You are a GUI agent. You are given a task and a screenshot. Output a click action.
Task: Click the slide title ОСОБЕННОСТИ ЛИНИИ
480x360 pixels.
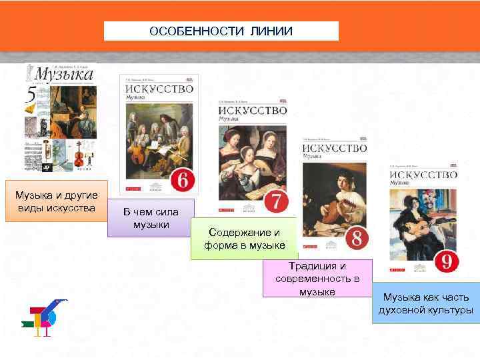point(221,31)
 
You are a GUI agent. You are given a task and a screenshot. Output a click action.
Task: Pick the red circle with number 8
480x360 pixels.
point(357,237)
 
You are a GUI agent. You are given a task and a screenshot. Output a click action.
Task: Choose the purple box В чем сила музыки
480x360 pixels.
point(151,218)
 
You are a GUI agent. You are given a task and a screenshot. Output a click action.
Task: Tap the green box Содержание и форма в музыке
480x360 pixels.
point(244,239)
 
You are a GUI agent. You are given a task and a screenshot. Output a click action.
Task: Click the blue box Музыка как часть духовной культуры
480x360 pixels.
point(425,303)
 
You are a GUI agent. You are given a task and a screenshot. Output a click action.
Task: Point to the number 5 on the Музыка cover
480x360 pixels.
point(31,99)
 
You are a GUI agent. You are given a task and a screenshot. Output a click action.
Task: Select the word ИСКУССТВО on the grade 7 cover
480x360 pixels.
point(253,109)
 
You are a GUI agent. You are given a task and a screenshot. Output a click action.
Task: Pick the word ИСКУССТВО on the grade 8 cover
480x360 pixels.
point(334,147)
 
